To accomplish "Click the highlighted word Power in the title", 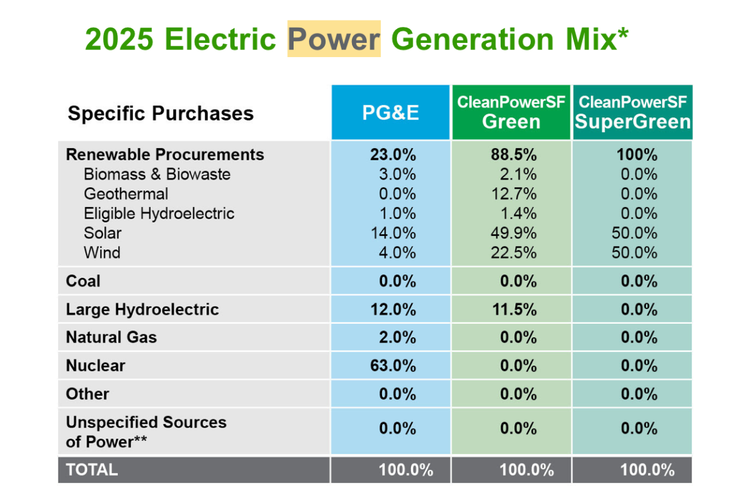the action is point(334,38).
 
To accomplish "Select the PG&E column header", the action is point(390,113).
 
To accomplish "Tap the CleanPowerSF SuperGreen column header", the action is point(633,112).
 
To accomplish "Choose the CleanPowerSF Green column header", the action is point(512,112).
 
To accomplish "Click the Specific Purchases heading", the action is point(161,113).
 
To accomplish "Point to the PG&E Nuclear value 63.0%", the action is point(393,365).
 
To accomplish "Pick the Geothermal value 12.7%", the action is point(513,194).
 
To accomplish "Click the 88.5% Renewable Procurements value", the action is point(513,155).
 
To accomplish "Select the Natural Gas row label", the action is point(112,337).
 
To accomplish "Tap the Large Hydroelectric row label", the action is point(142,310).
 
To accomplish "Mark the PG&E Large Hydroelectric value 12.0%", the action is point(393,310).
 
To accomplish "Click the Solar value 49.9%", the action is point(513,233).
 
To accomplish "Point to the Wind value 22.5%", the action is point(513,253).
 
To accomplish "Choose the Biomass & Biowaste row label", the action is point(157,174).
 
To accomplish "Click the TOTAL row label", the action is point(92,470).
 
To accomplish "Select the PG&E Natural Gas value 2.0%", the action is point(397,337).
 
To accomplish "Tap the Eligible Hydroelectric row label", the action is point(159,214).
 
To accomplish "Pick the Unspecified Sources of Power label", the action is point(146,432).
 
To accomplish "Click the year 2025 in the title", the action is point(119,38).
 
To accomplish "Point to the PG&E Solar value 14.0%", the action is point(393,233).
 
